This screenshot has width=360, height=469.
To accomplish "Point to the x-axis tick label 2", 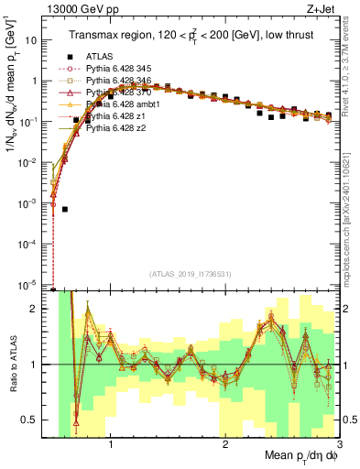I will (225, 445).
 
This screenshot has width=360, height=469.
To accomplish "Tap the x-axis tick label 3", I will (339, 445).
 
